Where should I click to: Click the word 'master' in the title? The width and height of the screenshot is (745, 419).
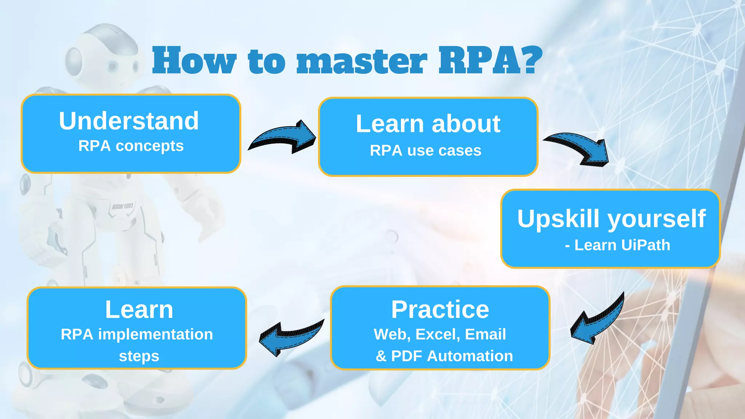tap(362, 61)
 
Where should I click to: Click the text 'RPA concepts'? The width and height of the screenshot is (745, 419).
tap(131, 146)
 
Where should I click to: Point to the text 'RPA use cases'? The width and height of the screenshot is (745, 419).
tap(426, 151)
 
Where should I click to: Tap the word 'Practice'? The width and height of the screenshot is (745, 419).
tap(440, 310)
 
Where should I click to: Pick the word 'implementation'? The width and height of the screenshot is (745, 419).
tap(155, 334)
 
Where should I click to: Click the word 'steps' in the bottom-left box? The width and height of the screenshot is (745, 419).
tap(139, 356)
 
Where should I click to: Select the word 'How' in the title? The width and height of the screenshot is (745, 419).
tap(194, 61)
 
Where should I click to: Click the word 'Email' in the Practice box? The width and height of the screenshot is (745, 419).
tap(485, 334)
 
